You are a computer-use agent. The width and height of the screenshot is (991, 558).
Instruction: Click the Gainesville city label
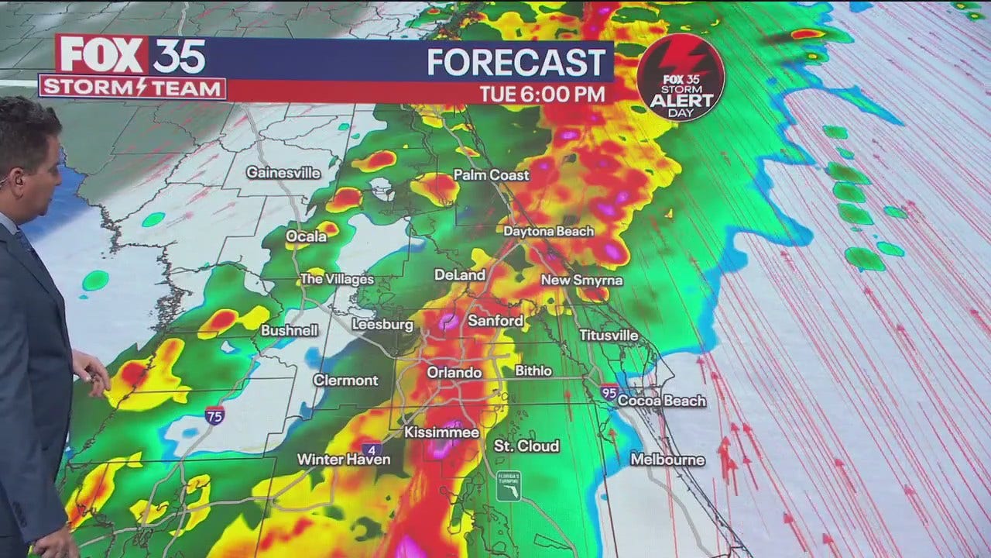283,173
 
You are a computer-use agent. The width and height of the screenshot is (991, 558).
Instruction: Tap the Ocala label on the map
306,236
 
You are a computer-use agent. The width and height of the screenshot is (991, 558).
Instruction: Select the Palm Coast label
491,175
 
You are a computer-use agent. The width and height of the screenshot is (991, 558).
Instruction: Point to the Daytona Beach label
548,231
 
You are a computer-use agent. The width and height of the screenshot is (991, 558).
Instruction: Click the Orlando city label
454,373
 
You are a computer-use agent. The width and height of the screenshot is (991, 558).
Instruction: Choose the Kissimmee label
441,432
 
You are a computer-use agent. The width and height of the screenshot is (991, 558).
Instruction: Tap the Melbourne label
667,460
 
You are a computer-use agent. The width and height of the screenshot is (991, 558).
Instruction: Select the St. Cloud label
526,446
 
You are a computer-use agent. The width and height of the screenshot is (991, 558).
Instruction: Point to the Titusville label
609,336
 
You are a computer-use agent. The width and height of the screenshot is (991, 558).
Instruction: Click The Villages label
336,279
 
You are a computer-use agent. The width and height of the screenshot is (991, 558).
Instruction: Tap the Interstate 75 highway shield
215,415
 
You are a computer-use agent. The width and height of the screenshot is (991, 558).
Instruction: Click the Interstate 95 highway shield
609,392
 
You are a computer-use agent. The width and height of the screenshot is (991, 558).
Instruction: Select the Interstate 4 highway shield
372,449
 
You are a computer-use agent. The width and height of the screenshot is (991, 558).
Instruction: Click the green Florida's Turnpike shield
509,486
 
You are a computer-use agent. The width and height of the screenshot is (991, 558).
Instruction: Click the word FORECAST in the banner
516,63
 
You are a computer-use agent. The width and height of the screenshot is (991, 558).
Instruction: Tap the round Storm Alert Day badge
681,77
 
